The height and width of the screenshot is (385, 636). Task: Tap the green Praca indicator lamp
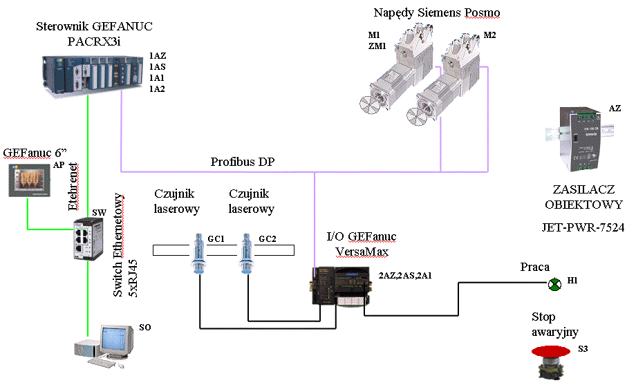[x=554, y=284]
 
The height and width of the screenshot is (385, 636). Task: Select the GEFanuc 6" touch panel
[x=29, y=180]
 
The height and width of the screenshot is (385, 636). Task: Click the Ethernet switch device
[x=88, y=238]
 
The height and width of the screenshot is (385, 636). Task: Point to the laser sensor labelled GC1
[x=199, y=253]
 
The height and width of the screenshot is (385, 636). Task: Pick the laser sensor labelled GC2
[x=246, y=253]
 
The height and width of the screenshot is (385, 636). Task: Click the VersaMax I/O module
[x=342, y=285]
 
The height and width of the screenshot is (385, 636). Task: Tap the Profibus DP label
[x=243, y=162]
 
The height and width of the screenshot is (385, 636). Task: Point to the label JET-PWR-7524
[x=583, y=227]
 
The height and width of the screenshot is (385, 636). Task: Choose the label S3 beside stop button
[x=583, y=349]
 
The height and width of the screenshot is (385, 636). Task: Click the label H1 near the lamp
[x=572, y=281]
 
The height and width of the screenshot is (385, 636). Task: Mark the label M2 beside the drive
[x=489, y=35]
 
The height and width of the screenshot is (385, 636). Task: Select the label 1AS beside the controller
[x=158, y=66]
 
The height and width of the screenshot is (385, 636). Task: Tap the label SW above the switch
[x=99, y=212]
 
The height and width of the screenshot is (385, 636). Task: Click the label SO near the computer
[x=144, y=328]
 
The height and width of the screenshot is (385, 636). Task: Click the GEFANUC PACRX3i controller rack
[x=93, y=74]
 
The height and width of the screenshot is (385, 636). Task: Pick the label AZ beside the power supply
[x=615, y=109]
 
